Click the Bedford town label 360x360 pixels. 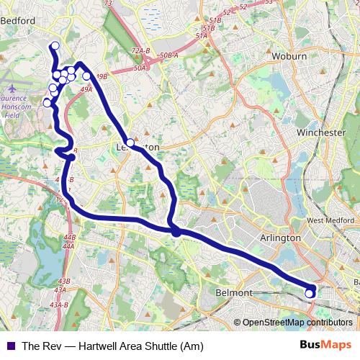pyautogui.click(x=19, y=21)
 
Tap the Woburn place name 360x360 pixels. pyautogui.click(x=291, y=55)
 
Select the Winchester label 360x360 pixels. pyautogui.click(x=321, y=133)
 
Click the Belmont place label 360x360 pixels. pyautogui.click(x=234, y=293)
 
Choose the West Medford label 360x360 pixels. pyautogui.click(x=330, y=220)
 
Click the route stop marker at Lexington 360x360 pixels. pyautogui.click(x=130, y=143)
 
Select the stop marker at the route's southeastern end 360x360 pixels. pyautogui.click(x=310, y=293)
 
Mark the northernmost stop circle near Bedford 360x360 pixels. pyautogui.click(x=54, y=47)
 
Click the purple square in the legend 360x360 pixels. pyautogui.click(x=10, y=346)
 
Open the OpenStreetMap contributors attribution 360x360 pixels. pyautogui.click(x=297, y=323)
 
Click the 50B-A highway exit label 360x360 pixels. pyautogui.click(x=168, y=55)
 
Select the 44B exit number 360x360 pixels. pyautogui.click(x=69, y=237)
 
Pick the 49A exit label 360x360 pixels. pyautogui.click(x=87, y=89)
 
